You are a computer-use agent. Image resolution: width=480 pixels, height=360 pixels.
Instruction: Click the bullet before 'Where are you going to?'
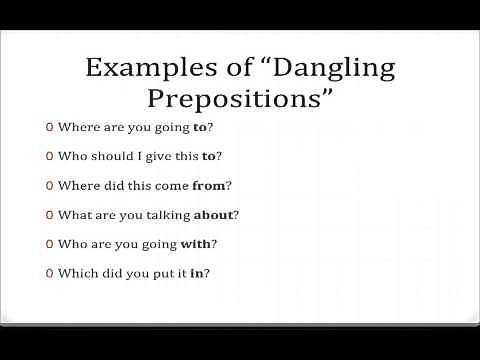[49, 127]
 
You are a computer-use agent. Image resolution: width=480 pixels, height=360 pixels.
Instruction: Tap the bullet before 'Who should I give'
[49, 156]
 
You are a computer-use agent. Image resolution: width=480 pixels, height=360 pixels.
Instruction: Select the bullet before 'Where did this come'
[49, 185]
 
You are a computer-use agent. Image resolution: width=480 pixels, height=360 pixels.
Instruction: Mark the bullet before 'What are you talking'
[49, 214]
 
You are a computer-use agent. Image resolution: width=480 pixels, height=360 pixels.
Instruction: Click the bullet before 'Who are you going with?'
[49, 243]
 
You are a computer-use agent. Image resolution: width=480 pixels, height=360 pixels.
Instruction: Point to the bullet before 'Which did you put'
[49, 272]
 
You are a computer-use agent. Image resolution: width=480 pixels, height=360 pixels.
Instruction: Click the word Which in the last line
[75, 272]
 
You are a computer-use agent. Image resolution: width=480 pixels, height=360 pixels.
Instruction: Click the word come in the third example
[170, 185]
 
